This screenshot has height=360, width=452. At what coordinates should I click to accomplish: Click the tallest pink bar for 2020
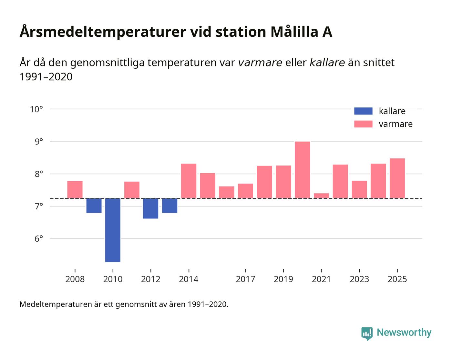302,170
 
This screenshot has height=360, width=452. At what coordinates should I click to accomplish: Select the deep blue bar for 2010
113,230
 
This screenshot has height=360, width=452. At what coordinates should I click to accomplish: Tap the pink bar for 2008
75,190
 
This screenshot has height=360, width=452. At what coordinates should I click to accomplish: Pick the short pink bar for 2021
321,196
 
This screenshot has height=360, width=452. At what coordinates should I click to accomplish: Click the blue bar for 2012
150,208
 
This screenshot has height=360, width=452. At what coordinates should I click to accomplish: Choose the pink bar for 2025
397,178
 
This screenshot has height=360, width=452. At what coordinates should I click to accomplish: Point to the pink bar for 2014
189,181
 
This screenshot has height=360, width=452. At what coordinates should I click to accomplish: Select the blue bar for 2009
94,205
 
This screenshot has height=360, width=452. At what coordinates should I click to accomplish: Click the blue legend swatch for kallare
363,111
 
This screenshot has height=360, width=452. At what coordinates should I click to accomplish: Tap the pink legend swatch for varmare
363,124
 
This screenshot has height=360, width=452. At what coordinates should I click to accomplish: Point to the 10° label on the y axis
36,109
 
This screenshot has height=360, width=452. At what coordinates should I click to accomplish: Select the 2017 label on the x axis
245,279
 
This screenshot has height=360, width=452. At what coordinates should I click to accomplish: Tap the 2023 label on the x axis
359,279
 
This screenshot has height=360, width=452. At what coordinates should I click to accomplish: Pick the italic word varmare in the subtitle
260,62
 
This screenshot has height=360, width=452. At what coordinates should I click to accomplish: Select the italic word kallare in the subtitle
327,62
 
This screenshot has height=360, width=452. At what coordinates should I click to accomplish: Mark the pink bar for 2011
132,190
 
